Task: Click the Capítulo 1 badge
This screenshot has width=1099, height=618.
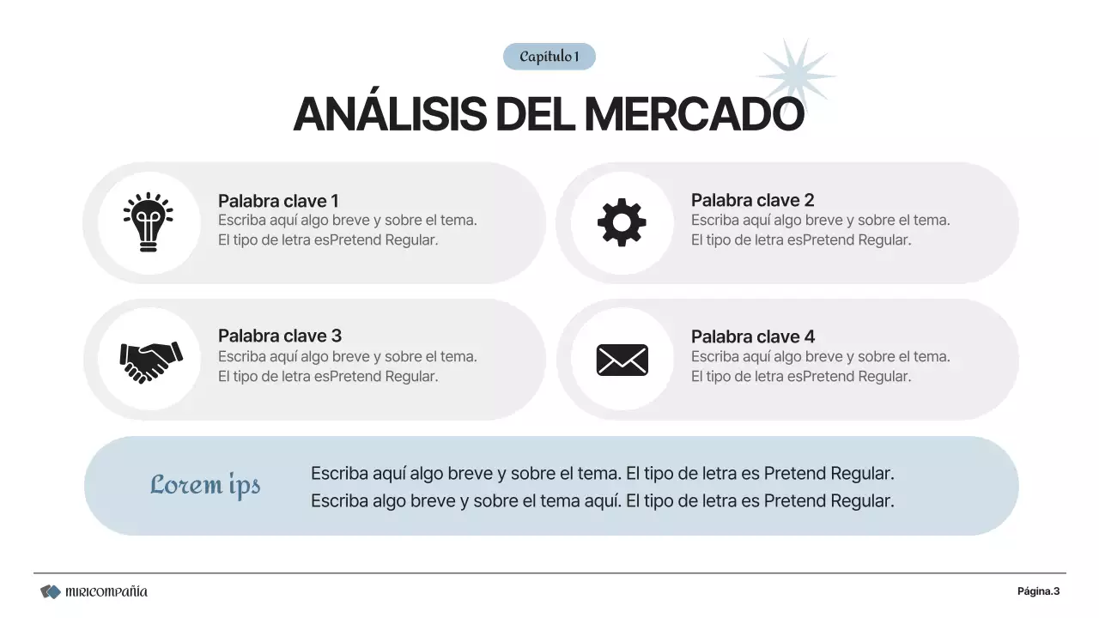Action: pos(549,57)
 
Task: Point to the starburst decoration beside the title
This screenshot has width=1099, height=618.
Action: pos(796,74)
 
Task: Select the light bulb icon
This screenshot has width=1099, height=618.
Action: pos(148,222)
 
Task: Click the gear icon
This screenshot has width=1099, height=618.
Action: pos(622,222)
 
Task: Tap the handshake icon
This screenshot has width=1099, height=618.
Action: pos(150,360)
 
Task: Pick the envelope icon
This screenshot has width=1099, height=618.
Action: pos(622,360)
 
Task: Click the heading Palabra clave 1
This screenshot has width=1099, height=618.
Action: pos(278,201)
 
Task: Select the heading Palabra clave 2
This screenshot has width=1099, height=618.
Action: pos(752,200)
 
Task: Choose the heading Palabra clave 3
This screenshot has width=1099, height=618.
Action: pos(280,336)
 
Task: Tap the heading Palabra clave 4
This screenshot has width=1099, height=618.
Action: pos(752,336)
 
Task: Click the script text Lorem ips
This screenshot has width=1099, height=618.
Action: pos(205,485)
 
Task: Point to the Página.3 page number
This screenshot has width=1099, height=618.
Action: pos(1038,591)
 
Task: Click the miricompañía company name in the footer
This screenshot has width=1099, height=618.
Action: pos(106,591)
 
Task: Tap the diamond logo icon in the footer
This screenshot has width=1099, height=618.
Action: pos(51,591)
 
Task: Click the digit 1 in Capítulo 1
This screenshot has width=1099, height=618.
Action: pos(576,57)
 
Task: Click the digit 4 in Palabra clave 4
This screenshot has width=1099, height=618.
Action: pos(809,336)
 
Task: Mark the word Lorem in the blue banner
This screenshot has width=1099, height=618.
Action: pos(185,485)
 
